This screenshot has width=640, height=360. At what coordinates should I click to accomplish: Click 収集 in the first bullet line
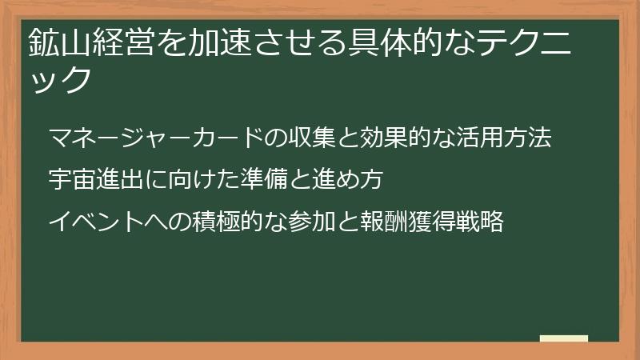tap(310, 137)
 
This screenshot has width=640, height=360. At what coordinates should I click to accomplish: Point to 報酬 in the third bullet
tap(381, 222)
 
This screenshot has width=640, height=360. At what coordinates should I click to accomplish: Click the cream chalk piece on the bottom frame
tap(564, 338)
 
